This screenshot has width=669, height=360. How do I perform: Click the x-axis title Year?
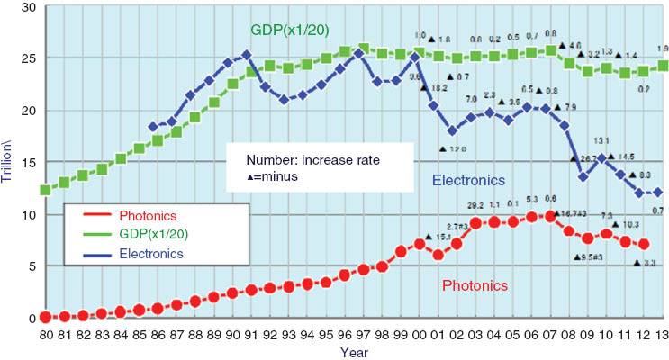click(x=352, y=352)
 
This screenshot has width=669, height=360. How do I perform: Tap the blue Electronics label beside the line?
click(x=468, y=179)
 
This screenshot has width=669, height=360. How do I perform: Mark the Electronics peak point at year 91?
click(x=246, y=55)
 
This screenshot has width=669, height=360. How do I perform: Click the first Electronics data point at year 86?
click(x=152, y=128)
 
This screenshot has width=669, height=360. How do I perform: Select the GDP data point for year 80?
click(x=45, y=190)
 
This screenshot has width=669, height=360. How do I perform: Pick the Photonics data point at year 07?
click(x=550, y=216)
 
